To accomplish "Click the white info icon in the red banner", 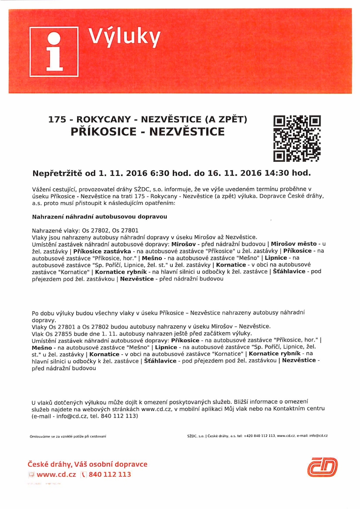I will (53, 51).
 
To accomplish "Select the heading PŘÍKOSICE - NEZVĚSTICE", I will (148, 132).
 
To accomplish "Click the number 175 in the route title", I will (57, 120).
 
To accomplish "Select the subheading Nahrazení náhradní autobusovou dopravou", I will (100, 217).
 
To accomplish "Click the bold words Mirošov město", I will (294, 244).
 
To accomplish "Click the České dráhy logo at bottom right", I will (322, 467).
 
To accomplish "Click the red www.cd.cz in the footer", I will (56, 475).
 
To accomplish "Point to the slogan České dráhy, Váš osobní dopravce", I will (88, 465).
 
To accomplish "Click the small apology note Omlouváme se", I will (68, 436).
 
